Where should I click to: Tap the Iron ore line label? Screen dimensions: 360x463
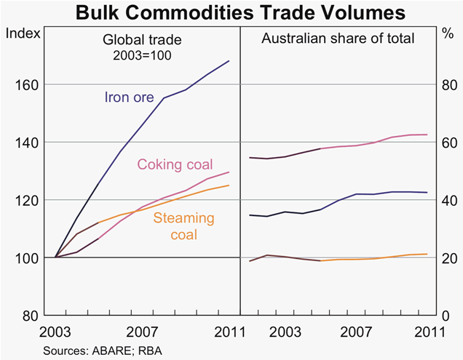click(129, 97)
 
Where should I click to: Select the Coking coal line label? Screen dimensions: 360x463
click(175, 165)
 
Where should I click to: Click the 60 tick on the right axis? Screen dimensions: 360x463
click(443, 142)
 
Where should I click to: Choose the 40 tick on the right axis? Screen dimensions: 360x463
click(443, 200)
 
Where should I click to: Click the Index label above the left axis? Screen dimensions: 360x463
click(22, 33)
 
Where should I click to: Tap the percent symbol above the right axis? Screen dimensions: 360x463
click(446, 33)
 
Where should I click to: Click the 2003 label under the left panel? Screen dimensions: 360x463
click(55, 332)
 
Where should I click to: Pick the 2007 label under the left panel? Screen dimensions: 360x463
click(143, 332)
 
